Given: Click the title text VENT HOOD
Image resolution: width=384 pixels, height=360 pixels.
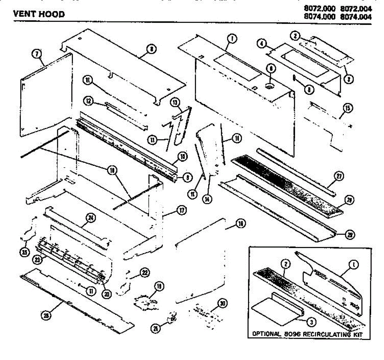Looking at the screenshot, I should (x=39, y=14).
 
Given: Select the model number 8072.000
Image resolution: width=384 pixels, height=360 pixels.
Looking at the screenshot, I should (x=320, y=10).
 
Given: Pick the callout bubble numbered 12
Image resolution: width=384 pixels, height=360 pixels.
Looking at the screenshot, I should (x=89, y=101).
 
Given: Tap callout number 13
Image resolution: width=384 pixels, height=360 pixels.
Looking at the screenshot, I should (x=175, y=102).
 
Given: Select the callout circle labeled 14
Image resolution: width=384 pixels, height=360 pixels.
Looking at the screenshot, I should (x=208, y=199).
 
